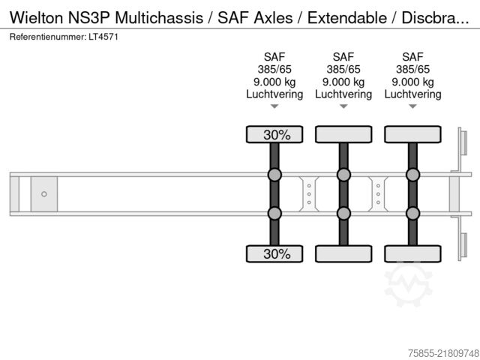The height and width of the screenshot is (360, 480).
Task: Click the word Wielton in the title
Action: [x=36, y=17]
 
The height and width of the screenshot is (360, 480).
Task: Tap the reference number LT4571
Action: [x=103, y=37]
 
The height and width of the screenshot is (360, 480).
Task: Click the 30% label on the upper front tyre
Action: [x=277, y=135]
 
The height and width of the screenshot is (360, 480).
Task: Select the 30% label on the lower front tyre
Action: [x=277, y=253]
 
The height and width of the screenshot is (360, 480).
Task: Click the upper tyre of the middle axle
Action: [x=343, y=134]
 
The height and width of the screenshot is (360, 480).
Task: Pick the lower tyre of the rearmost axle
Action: [x=412, y=253]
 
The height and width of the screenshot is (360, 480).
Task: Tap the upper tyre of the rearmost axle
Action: [x=412, y=134]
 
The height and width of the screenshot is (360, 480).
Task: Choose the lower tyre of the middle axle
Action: [x=343, y=253]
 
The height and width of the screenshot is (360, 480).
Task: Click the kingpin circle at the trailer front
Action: [x=44, y=194]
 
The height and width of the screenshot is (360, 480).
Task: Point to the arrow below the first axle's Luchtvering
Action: [x=274, y=106]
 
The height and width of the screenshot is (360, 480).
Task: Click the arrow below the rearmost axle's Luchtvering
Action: [x=412, y=106]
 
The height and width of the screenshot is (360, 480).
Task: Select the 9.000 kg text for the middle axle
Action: [x=343, y=82]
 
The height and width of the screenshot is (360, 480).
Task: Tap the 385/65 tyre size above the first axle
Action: [x=274, y=70]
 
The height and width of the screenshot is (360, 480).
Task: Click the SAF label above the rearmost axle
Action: [x=412, y=57]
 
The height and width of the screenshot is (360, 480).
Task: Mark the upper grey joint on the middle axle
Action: [x=343, y=175]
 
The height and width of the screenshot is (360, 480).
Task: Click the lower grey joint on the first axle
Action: [x=274, y=213]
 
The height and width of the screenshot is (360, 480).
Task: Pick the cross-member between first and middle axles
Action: [x=309, y=194]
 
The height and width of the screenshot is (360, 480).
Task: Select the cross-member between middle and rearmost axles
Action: [x=378, y=194]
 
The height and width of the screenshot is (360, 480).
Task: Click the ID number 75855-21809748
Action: [x=443, y=353]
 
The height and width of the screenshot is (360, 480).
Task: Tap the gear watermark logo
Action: [x=408, y=283]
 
